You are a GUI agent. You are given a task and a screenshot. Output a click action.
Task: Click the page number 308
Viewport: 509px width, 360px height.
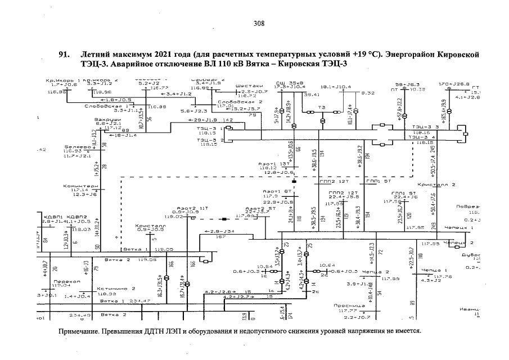(259, 24)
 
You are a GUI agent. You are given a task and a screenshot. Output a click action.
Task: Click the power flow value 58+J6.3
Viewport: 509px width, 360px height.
(407, 83)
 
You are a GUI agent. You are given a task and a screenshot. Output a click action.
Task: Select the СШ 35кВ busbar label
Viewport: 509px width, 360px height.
(287, 82)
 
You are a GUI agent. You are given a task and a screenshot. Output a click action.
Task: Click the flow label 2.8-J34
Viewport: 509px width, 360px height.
(214, 231)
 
